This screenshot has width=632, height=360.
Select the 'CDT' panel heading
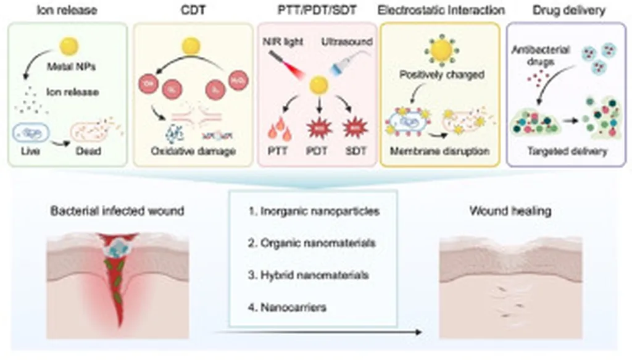(191, 10)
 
